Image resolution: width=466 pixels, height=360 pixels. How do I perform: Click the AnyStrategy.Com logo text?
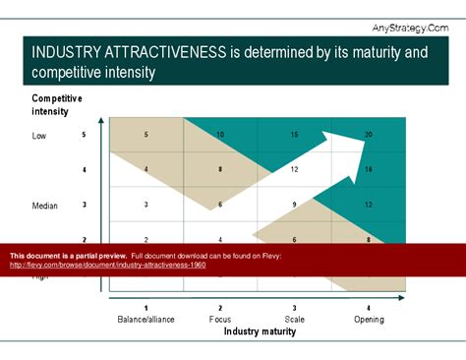pyautogui.click(x=410, y=28)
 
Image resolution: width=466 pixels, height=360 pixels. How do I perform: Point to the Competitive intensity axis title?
pyautogui.click(x=57, y=104)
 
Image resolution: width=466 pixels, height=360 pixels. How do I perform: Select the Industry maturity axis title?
pyautogui.click(x=260, y=331)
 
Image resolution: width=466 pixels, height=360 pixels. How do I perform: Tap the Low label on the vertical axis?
pyautogui.click(x=39, y=136)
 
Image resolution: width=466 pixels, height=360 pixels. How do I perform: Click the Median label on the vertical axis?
pyautogui.click(x=45, y=206)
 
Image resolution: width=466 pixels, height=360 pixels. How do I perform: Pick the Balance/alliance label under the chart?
pyautogui.click(x=146, y=319)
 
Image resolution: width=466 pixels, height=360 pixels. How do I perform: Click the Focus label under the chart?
pyautogui.click(x=220, y=319)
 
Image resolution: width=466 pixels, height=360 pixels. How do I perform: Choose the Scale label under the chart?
pyautogui.click(x=294, y=319)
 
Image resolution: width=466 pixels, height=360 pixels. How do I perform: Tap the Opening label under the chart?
pyautogui.click(x=369, y=319)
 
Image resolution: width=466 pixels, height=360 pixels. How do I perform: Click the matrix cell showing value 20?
pyautogui.click(x=369, y=135)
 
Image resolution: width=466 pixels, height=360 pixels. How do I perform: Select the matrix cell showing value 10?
pyautogui.click(x=220, y=135)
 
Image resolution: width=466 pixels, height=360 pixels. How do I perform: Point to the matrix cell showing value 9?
pyautogui.click(x=294, y=205)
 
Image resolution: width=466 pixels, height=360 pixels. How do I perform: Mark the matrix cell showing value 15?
pyautogui.click(x=294, y=135)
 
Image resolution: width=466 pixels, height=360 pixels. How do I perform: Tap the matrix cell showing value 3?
pyautogui.click(x=146, y=205)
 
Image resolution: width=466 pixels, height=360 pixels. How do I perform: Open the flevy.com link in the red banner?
pyautogui.click(x=107, y=265)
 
